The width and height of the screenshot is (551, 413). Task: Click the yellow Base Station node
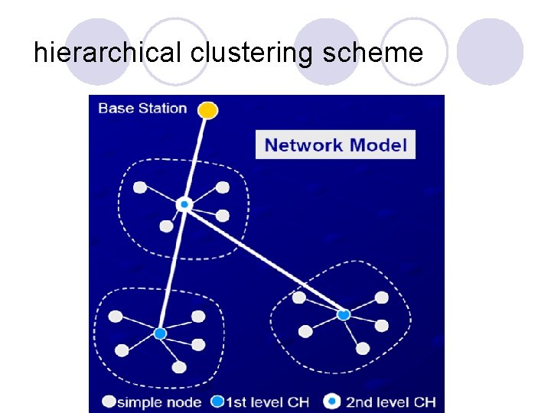pyautogui.click(x=207, y=111)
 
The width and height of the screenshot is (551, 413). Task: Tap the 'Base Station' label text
pyautogui.click(x=142, y=108)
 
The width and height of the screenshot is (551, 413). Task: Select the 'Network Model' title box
pyautogui.click(x=335, y=145)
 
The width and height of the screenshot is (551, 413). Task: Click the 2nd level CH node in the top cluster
pyautogui.click(x=184, y=205)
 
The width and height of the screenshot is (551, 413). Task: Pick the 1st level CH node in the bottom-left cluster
pyautogui.click(x=160, y=333)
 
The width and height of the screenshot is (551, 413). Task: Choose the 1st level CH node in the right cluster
pyautogui.click(x=343, y=314)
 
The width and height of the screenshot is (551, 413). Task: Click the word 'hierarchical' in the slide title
pyautogui.click(x=108, y=53)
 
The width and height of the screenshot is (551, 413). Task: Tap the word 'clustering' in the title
pyautogui.click(x=252, y=53)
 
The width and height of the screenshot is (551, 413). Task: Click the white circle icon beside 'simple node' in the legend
pyautogui.click(x=109, y=402)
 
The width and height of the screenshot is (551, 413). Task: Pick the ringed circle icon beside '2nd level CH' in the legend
pyautogui.click(x=332, y=402)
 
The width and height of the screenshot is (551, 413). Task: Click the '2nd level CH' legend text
pyautogui.click(x=390, y=402)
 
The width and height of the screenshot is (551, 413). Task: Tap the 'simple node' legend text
pyautogui.click(x=159, y=402)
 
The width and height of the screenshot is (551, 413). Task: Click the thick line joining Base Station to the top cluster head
pyautogui.click(x=196, y=157)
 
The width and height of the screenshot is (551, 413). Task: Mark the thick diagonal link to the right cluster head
pyautogui.click(x=264, y=260)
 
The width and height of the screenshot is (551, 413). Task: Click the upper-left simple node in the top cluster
pyautogui.click(x=140, y=187)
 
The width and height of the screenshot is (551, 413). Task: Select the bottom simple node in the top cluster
pyautogui.click(x=166, y=226)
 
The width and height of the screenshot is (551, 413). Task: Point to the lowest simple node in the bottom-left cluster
pyautogui.click(x=179, y=367)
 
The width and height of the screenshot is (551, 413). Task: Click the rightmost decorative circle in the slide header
pyautogui.click(x=490, y=51)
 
